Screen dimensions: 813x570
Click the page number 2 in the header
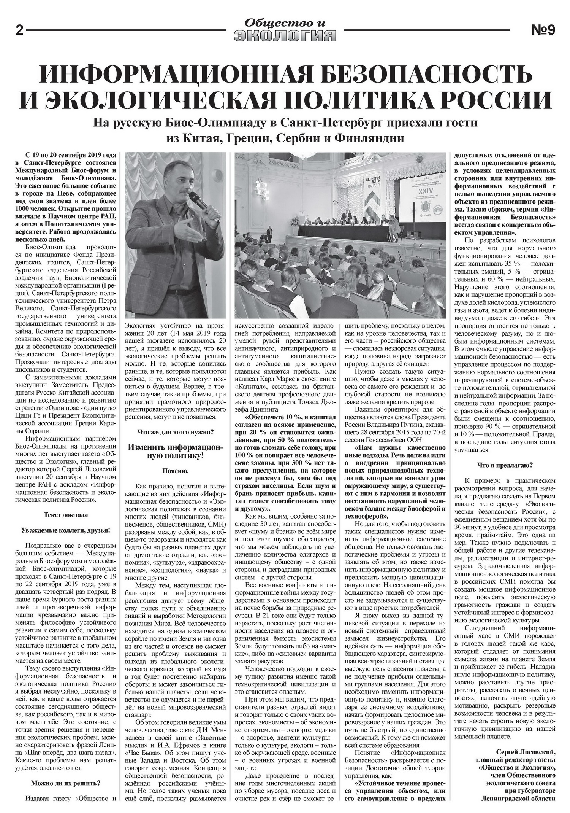(x=19, y=30)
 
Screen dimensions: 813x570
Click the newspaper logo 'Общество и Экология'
(x=285, y=30)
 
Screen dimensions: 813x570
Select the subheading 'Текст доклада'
(x=66, y=515)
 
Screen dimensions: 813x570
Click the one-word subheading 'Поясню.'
(x=175, y=471)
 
